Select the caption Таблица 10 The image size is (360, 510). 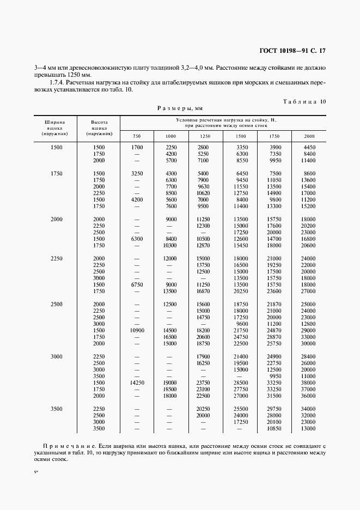point(304,101)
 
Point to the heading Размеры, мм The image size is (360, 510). point(180,108)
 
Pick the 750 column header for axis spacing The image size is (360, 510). point(137,136)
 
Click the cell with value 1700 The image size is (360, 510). point(137,148)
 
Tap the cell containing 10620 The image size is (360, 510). point(203,193)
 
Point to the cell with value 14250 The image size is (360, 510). point(137,383)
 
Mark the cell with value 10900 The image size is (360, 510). point(137,331)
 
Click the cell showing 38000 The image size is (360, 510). point(308,383)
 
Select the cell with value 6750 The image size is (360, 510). point(137,285)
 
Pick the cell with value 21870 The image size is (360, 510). point(274,305)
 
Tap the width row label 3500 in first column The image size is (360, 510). point(56,409)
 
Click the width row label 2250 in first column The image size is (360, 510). point(56,259)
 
